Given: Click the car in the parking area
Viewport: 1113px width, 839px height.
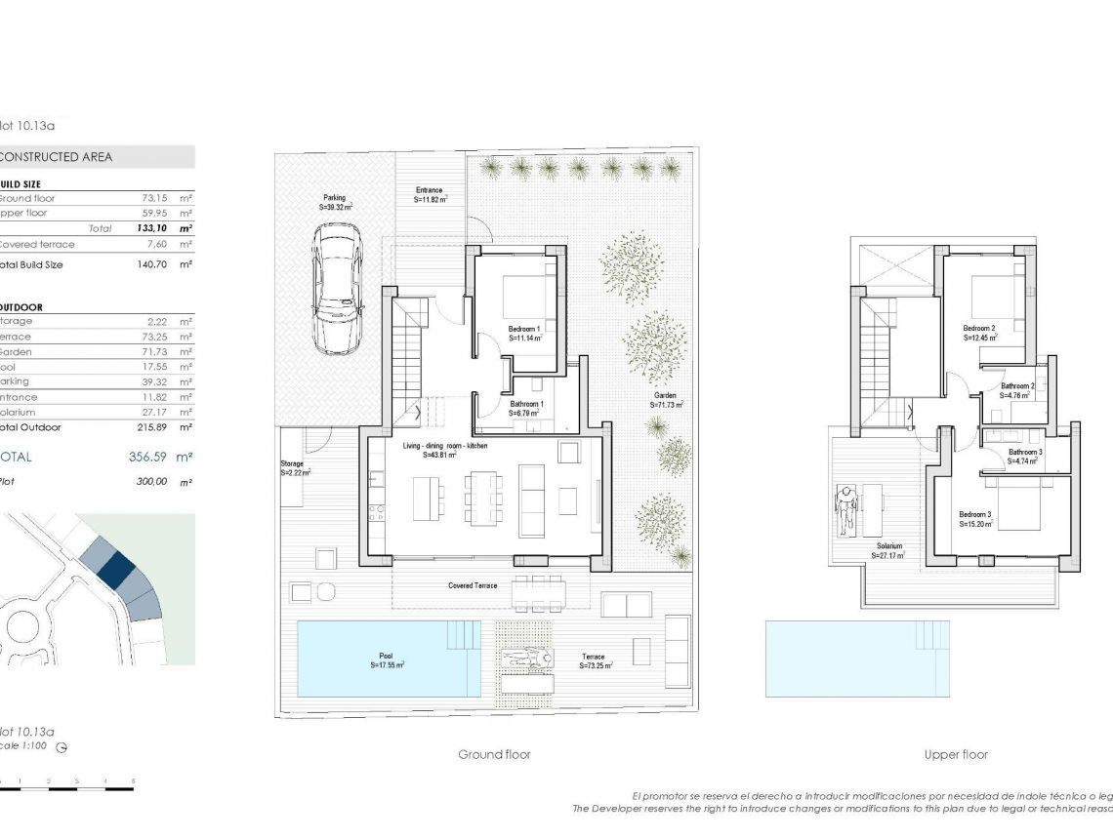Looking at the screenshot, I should click(337, 290).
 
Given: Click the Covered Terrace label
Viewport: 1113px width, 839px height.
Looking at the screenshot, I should click(473, 585).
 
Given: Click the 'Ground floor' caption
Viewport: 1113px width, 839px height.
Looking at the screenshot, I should click(494, 754).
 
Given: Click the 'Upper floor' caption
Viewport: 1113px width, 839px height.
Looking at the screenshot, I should click(956, 754).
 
